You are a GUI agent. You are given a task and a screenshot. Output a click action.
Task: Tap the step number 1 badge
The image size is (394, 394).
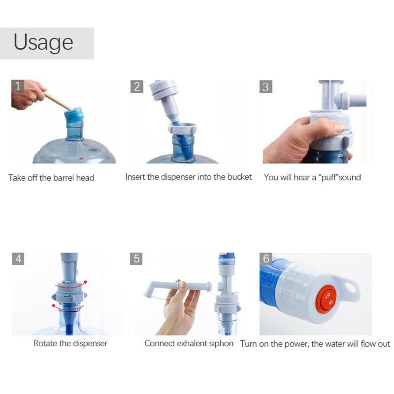click(x=18, y=87)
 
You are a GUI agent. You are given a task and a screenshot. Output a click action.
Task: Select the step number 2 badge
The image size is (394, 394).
click(x=137, y=87)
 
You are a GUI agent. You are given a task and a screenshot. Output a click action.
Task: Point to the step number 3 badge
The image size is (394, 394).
click(x=266, y=87)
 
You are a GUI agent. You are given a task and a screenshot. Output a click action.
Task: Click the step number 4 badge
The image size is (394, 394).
click(x=18, y=259)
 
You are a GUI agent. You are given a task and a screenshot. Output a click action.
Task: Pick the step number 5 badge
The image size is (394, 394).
click(x=137, y=259)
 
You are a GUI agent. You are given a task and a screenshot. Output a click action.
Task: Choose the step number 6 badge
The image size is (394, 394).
click(x=266, y=259)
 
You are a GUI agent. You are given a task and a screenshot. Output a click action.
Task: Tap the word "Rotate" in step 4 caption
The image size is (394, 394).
click(x=45, y=343)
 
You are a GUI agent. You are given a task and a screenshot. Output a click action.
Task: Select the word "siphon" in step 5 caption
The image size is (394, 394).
click(x=220, y=343)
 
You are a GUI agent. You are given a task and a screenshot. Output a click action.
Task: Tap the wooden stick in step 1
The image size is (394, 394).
click(x=58, y=101)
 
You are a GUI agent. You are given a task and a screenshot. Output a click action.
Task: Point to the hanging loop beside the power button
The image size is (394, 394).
click(x=351, y=289)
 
